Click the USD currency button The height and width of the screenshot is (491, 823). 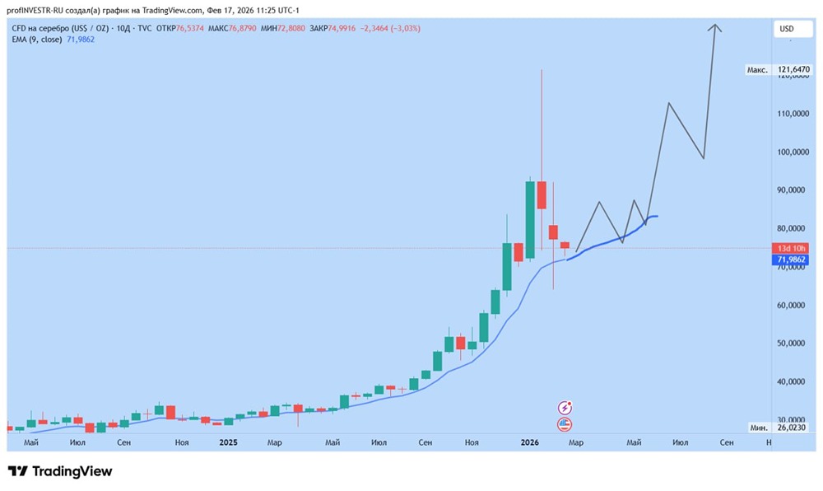786,29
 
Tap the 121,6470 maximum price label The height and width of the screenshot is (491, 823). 793,71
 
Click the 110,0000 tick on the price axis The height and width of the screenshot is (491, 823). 793,114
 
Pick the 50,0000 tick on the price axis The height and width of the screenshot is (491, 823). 793,344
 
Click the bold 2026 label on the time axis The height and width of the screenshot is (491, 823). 529,443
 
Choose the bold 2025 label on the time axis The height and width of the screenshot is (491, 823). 228,443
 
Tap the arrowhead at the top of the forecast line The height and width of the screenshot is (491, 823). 716,26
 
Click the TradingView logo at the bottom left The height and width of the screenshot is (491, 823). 60,471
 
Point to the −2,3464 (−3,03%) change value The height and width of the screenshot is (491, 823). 392,28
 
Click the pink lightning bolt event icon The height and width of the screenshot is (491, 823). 565,408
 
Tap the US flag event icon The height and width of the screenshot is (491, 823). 565,425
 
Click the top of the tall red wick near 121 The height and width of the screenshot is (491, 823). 542,71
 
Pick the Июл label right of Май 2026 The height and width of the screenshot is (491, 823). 680,443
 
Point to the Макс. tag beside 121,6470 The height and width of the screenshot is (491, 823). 757,71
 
